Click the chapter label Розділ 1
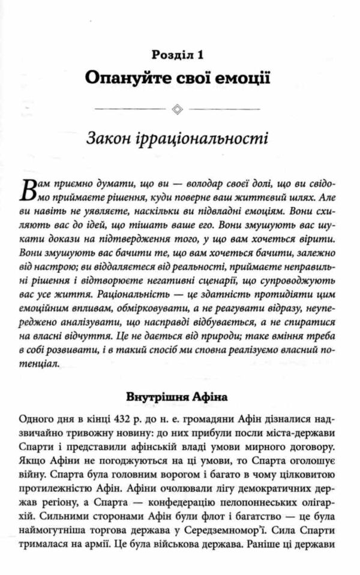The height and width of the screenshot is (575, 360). [x=178, y=55]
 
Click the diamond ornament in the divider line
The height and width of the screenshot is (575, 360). [x=178, y=109]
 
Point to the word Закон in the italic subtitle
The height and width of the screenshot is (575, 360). [x=110, y=140]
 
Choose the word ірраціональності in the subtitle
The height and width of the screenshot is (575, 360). [x=206, y=140]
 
